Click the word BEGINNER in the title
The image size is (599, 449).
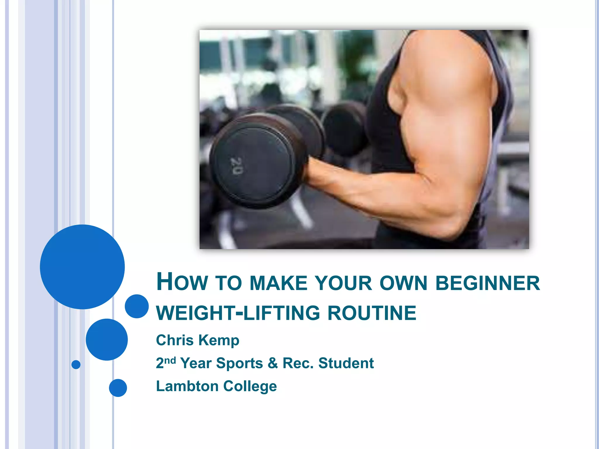pos(488,283)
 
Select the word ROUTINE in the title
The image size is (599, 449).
pos(372,313)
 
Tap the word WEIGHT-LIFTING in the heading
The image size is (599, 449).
pos(238,313)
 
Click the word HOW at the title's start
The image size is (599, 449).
pos(182,282)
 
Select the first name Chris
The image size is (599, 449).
pos(175,340)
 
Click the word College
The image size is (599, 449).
pos(250,386)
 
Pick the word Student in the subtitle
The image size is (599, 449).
pos(346,363)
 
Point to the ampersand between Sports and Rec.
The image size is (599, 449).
pos(273,363)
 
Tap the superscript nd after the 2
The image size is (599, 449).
pos(170,360)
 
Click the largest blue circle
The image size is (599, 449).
pos(82,267)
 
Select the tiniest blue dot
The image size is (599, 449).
pos(76,365)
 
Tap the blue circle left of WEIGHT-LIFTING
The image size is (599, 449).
pos(137,306)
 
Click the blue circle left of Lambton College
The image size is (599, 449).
pos(118,388)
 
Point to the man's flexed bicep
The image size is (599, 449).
pos(447,96)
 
